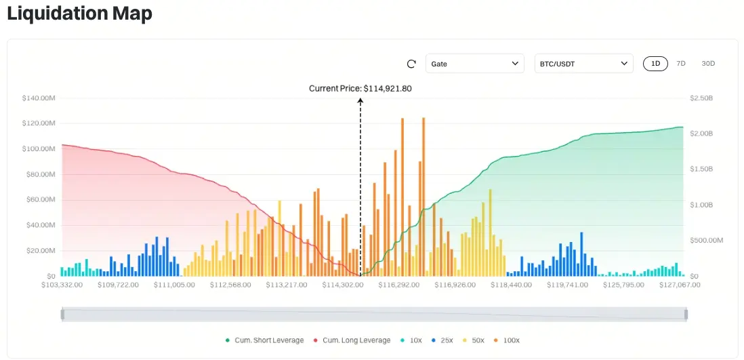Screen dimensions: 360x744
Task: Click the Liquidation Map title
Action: (x=79, y=14)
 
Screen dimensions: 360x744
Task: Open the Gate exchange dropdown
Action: (x=474, y=64)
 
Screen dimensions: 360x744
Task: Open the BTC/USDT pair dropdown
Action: (x=583, y=64)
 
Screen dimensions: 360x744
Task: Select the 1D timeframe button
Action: (x=655, y=64)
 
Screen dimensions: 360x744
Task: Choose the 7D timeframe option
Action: (x=681, y=64)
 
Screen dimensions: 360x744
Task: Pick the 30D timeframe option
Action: (x=708, y=64)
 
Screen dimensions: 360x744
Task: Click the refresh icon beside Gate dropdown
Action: (x=411, y=64)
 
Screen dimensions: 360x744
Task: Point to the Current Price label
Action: (x=360, y=88)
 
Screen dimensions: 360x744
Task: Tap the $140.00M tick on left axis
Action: (x=39, y=98)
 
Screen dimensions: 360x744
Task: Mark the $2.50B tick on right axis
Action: (x=701, y=98)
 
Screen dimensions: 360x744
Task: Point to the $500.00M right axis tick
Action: (x=707, y=241)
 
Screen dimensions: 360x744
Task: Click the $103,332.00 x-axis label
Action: (x=62, y=285)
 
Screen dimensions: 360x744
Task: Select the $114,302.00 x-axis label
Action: (x=342, y=285)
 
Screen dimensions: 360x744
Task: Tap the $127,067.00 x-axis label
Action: (x=679, y=285)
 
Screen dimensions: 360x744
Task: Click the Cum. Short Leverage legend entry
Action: (x=264, y=340)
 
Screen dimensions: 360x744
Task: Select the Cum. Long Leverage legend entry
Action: (x=352, y=340)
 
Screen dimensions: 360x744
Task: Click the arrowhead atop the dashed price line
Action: (x=360, y=100)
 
